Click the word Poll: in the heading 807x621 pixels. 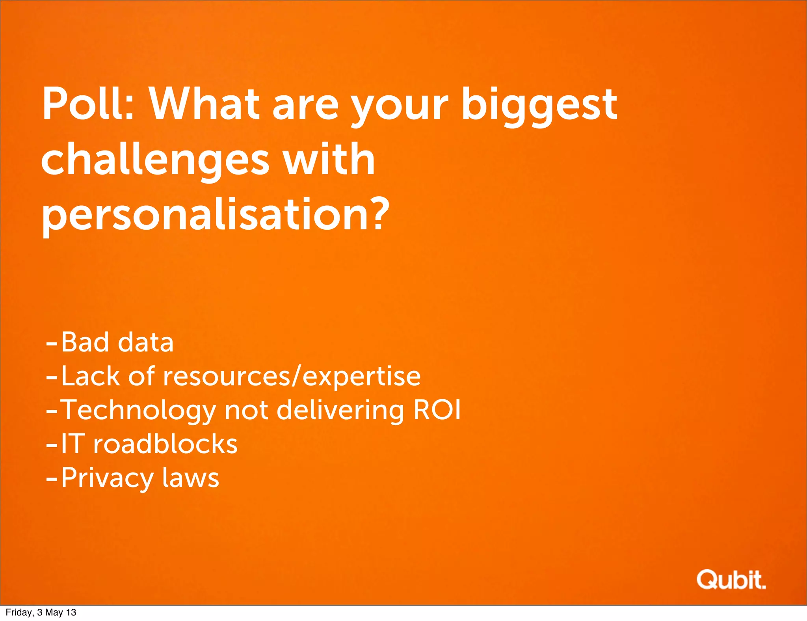point(88,104)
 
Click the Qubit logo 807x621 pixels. point(731,580)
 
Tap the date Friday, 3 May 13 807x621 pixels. point(41,612)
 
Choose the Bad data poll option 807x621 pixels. point(117,342)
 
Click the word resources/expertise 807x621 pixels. point(292,376)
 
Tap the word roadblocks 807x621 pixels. point(165,444)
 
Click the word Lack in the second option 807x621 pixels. point(90,376)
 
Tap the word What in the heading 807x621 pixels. point(203,104)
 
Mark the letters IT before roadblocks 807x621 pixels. point(73,444)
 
